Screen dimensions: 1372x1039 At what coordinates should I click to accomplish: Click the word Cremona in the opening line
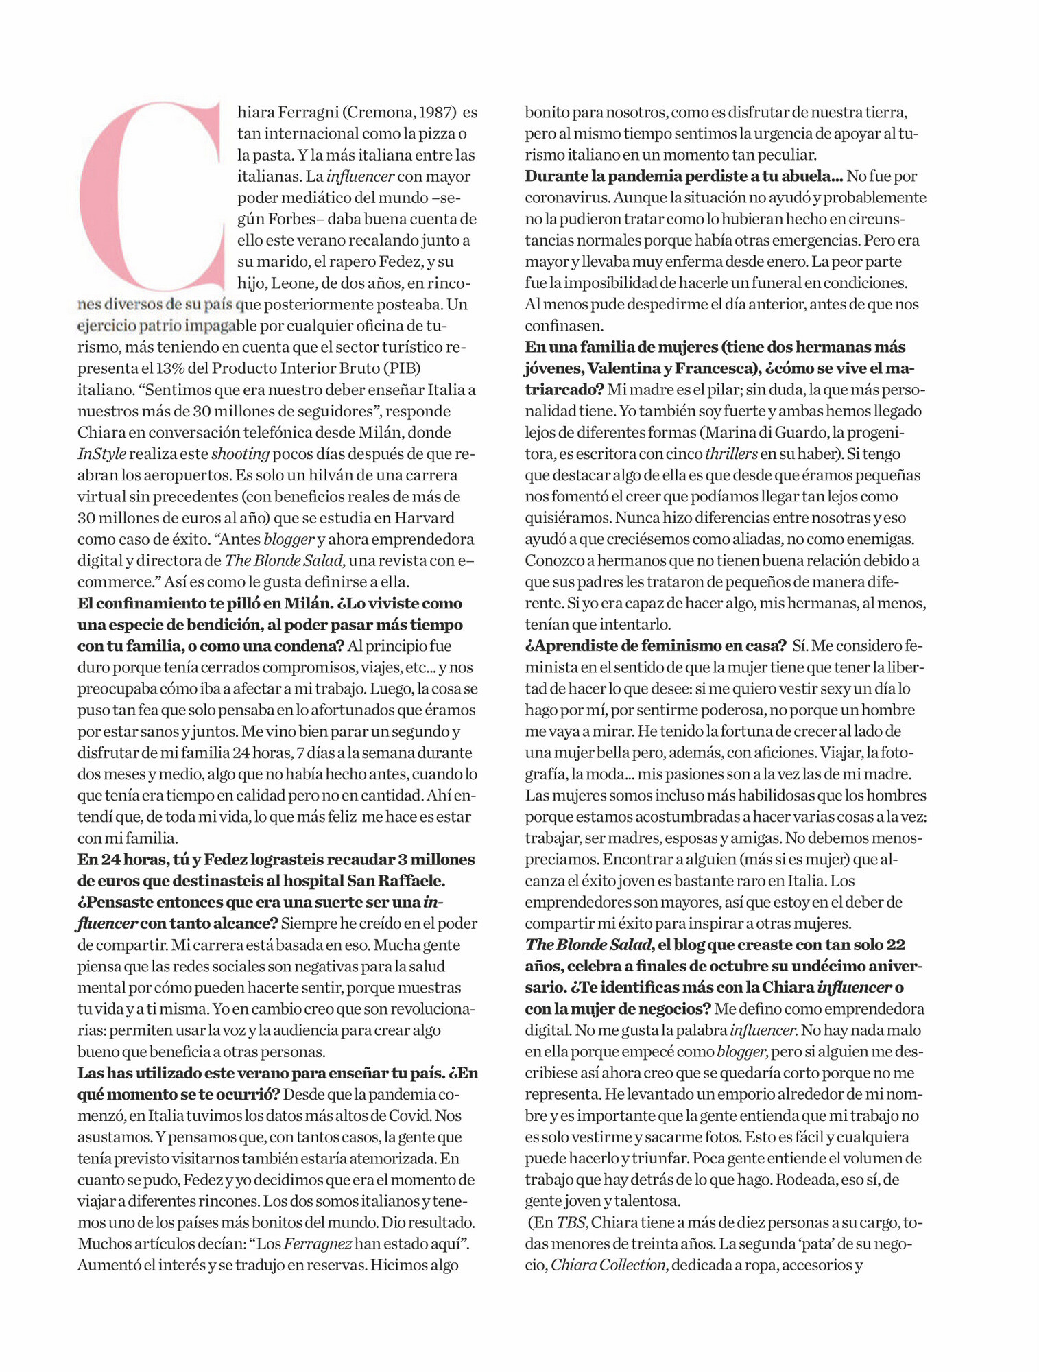[x=380, y=112]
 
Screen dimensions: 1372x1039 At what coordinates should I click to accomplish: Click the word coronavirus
[x=566, y=198]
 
